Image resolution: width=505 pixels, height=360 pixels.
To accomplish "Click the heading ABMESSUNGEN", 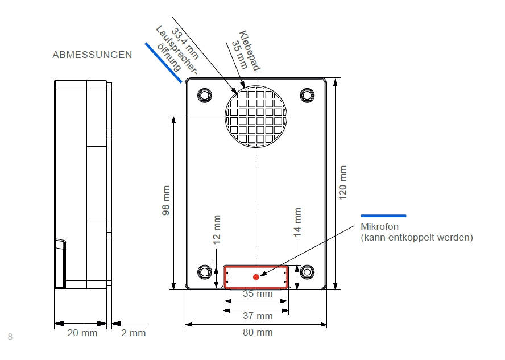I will pyautogui.click(x=92, y=55).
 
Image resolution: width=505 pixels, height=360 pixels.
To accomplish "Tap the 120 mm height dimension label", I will pyautogui.click(x=342, y=182).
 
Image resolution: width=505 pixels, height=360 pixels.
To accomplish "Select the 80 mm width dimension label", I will pyautogui.click(x=258, y=332).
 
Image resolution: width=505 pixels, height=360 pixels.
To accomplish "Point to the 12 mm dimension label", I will pyautogui.click(x=217, y=230).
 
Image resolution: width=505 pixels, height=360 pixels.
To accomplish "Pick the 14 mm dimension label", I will pyautogui.click(x=297, y=222).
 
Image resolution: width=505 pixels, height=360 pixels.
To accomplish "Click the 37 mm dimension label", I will pyautogui.click(x=258, y=316).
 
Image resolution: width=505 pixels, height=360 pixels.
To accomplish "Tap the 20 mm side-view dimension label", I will pyautogui.click(x=82, y=333).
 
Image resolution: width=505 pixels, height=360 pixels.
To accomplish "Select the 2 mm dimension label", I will pyautogui.click(x=134, y=333).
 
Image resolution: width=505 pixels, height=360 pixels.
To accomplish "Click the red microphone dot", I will pyautogui.click(x=256, y=277).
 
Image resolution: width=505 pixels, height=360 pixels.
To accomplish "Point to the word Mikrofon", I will pyautogui.click(x=380, y=227).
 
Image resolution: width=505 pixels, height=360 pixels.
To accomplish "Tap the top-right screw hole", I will pyautogui.click(x=307, y=94).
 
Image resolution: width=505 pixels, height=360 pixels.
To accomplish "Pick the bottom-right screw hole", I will pyautogui.click(x=307, y=271).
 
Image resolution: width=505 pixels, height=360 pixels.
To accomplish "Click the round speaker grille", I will pyautogui.click(x=258, y=117).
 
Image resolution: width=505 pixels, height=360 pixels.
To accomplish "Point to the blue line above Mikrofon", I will pyautogui.click(x=384, y=216).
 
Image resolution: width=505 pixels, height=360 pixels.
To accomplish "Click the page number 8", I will pyautogui.click(x=10, y=337).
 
